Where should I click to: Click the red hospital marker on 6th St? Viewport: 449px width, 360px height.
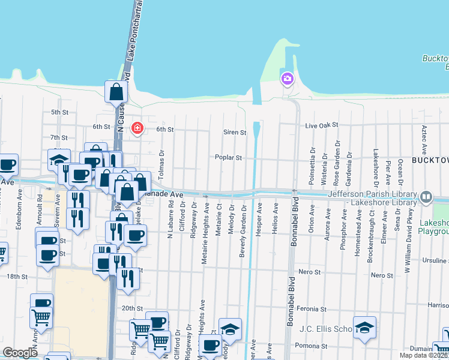point(137,128)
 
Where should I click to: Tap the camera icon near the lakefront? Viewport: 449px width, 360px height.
point(288,79)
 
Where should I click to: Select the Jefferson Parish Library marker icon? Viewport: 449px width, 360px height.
point(426,196)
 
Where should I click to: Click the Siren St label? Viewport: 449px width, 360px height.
point(235,132)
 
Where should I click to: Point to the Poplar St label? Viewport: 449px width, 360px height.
point(229,158)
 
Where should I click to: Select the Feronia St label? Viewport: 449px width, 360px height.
point(313,308)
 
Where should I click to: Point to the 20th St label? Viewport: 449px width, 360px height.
point(131,308)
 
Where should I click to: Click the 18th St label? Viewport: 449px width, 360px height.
point(17,276)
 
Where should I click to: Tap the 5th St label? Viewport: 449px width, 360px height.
point(59,112)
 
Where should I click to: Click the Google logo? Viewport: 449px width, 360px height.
point(20,353)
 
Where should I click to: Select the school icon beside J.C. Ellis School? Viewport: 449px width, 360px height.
point(364,328)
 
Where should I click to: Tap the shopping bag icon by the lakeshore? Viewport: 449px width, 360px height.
point(116,92)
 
